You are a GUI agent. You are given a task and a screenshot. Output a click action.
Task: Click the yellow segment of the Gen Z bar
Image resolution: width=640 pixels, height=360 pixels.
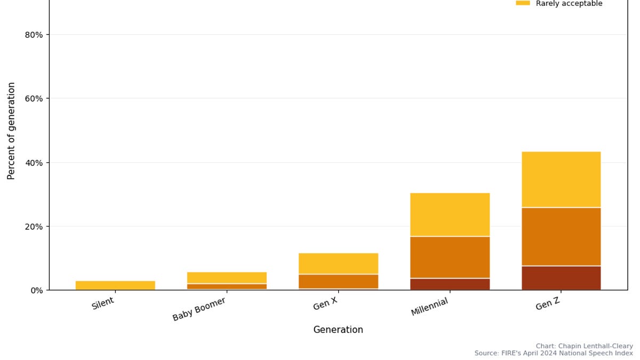561,179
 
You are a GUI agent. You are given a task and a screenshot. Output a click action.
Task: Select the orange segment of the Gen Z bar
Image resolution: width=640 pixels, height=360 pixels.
561,236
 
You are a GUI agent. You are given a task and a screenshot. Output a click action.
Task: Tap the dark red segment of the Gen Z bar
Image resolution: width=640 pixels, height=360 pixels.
561,278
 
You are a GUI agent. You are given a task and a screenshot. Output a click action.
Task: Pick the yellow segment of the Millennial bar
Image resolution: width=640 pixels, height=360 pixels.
450,214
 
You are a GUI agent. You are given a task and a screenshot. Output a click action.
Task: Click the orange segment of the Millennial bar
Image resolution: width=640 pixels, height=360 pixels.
450,257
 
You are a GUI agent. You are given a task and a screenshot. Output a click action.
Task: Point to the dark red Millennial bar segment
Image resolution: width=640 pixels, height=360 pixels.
450,284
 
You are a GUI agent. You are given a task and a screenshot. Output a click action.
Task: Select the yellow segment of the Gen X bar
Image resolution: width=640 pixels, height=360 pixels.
338,263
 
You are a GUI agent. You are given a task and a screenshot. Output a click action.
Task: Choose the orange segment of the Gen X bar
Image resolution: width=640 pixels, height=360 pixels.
338,282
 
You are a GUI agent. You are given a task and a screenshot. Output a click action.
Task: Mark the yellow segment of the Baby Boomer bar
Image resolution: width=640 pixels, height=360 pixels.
227,277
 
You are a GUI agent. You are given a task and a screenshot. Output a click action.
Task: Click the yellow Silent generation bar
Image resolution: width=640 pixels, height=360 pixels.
115,285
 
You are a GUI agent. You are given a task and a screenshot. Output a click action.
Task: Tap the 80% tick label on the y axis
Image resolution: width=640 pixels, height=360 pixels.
34,35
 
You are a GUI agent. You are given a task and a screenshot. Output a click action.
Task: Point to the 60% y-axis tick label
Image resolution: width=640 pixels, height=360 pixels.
34,99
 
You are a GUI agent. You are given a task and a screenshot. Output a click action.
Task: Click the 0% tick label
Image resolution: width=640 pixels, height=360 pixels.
36,290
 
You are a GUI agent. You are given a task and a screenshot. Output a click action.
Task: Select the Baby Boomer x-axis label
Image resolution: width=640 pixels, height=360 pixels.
199,309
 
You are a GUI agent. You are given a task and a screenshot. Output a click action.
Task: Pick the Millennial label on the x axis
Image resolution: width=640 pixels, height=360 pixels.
429,307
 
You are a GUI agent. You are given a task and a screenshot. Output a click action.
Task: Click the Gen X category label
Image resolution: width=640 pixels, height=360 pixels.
325,304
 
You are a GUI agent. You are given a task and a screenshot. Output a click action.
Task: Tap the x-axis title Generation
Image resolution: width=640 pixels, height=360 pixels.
338,330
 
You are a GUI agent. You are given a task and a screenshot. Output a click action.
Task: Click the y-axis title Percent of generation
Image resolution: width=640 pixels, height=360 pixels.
11,131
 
